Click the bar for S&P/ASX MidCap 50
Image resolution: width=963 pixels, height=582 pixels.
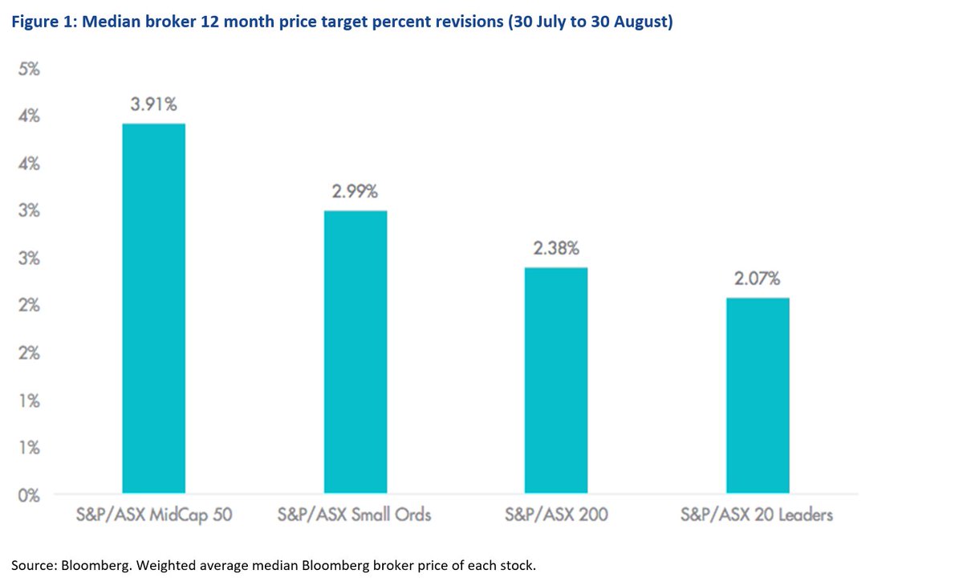point(153,308)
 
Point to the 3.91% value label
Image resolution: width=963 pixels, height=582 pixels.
point(153,104)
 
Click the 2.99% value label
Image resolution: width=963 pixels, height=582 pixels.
point(355,192)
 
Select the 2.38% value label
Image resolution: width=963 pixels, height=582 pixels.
point(556,248)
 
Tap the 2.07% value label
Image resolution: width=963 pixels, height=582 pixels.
point(758,279)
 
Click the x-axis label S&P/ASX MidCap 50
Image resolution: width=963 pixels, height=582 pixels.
point(153,515)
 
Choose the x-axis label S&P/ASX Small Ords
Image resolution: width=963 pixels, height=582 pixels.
point(355,515)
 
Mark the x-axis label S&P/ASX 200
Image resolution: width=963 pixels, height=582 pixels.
point(556,515)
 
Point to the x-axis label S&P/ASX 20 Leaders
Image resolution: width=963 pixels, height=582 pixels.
point(758,515)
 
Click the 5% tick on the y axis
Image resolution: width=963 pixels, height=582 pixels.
point(30,70)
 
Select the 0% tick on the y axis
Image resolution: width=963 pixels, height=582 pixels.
point(30,495)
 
